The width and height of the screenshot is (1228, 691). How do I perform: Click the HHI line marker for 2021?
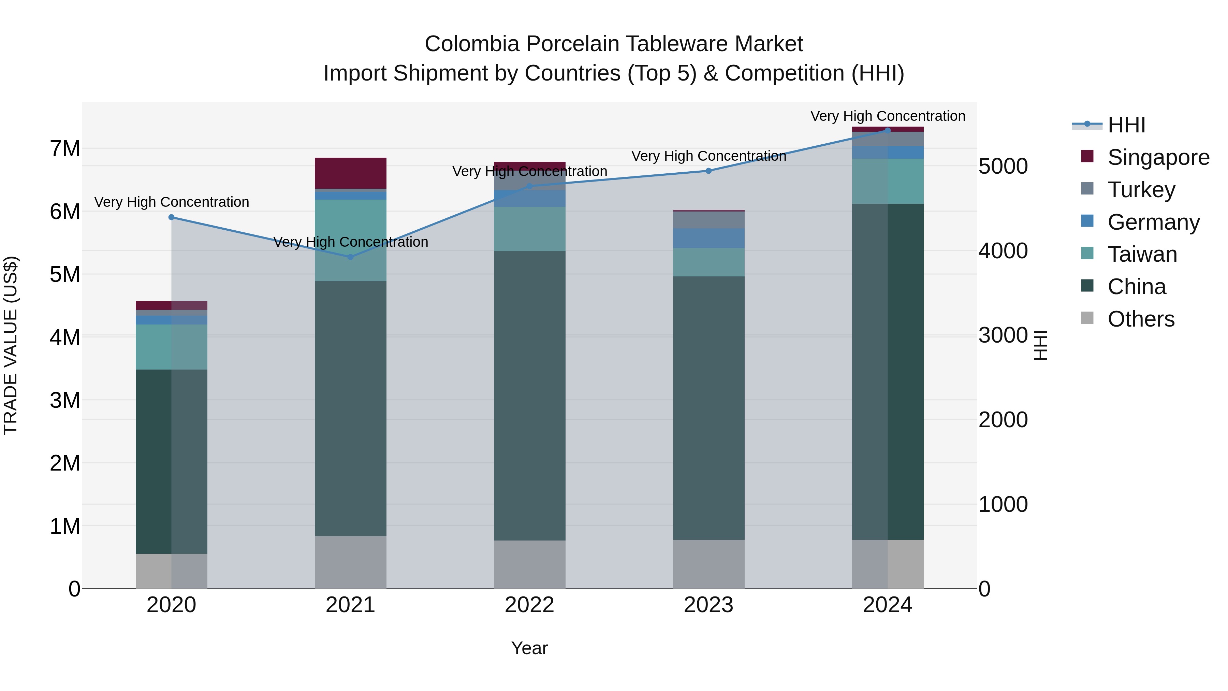point(350,257)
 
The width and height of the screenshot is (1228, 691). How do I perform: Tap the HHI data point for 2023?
point(708,171)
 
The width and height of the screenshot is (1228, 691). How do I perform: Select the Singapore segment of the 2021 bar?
point(350,173)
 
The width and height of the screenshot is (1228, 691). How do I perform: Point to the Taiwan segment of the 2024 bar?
point(888,181)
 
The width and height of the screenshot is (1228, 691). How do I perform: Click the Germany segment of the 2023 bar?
point(708,238)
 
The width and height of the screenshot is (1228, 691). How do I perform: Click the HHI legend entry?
point(1126,125)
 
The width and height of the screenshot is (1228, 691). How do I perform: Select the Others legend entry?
point(1141,319)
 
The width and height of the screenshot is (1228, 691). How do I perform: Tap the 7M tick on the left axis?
point(65,149)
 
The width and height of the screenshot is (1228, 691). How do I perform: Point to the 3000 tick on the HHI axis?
point(1003,335)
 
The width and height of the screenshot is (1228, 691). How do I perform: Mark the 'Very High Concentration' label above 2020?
point(172,202)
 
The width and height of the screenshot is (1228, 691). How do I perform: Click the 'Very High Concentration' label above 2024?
point(888,116)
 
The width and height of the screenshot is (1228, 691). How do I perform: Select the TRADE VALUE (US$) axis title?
point(11,345)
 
